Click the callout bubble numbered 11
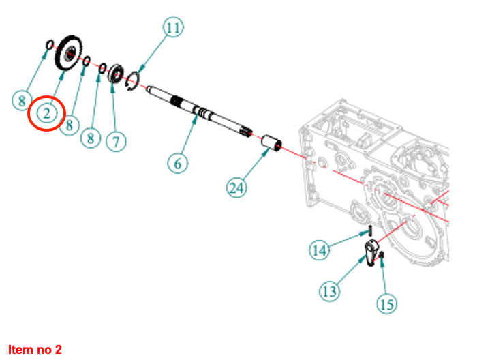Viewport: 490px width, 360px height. pyautogui.click(x=174, y=28)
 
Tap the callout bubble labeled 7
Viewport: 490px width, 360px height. pyautogui.click(x=116, y=141)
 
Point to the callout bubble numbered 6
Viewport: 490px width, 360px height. pyautogui.click(x=179, y=164)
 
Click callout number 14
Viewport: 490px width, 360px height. pyautogui.click(x=319, y=250)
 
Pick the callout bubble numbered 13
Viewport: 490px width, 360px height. pyautogui.click(x=330, y=292)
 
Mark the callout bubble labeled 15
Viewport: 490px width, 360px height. pyautogui.click(x=386, y=304)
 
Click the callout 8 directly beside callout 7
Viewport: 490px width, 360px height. pyautogui.click(x=91, y=138)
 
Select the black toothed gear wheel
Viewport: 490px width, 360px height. pyautogui.click(x=69, y=53)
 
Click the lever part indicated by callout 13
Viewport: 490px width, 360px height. pyautogui.click(x=371, y=252)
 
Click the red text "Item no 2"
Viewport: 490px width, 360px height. pyautogui.click(x=35, y=350)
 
